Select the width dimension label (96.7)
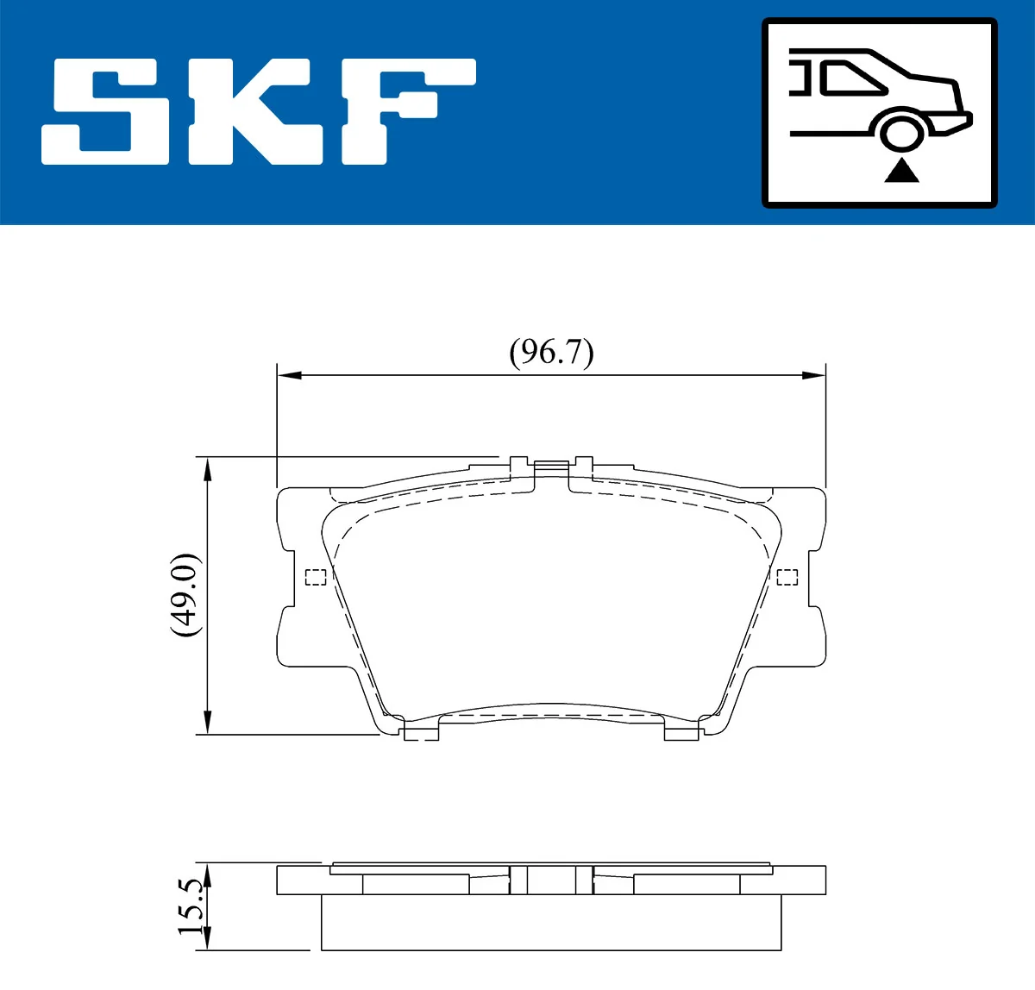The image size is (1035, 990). [x=551, y=353]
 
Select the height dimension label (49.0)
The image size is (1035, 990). [x=185, y=595]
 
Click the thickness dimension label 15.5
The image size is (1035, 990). [x=191, y=907]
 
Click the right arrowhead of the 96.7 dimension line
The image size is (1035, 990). [x=814, y=375]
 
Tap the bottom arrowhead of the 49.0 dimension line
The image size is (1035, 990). [x=207, y=723]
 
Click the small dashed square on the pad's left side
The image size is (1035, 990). [x=316, y=577]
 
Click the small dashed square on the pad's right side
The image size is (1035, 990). [x=787, y=577]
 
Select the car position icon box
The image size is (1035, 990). [x=879, y=113]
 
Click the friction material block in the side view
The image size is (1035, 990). [x=551, y=923]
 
